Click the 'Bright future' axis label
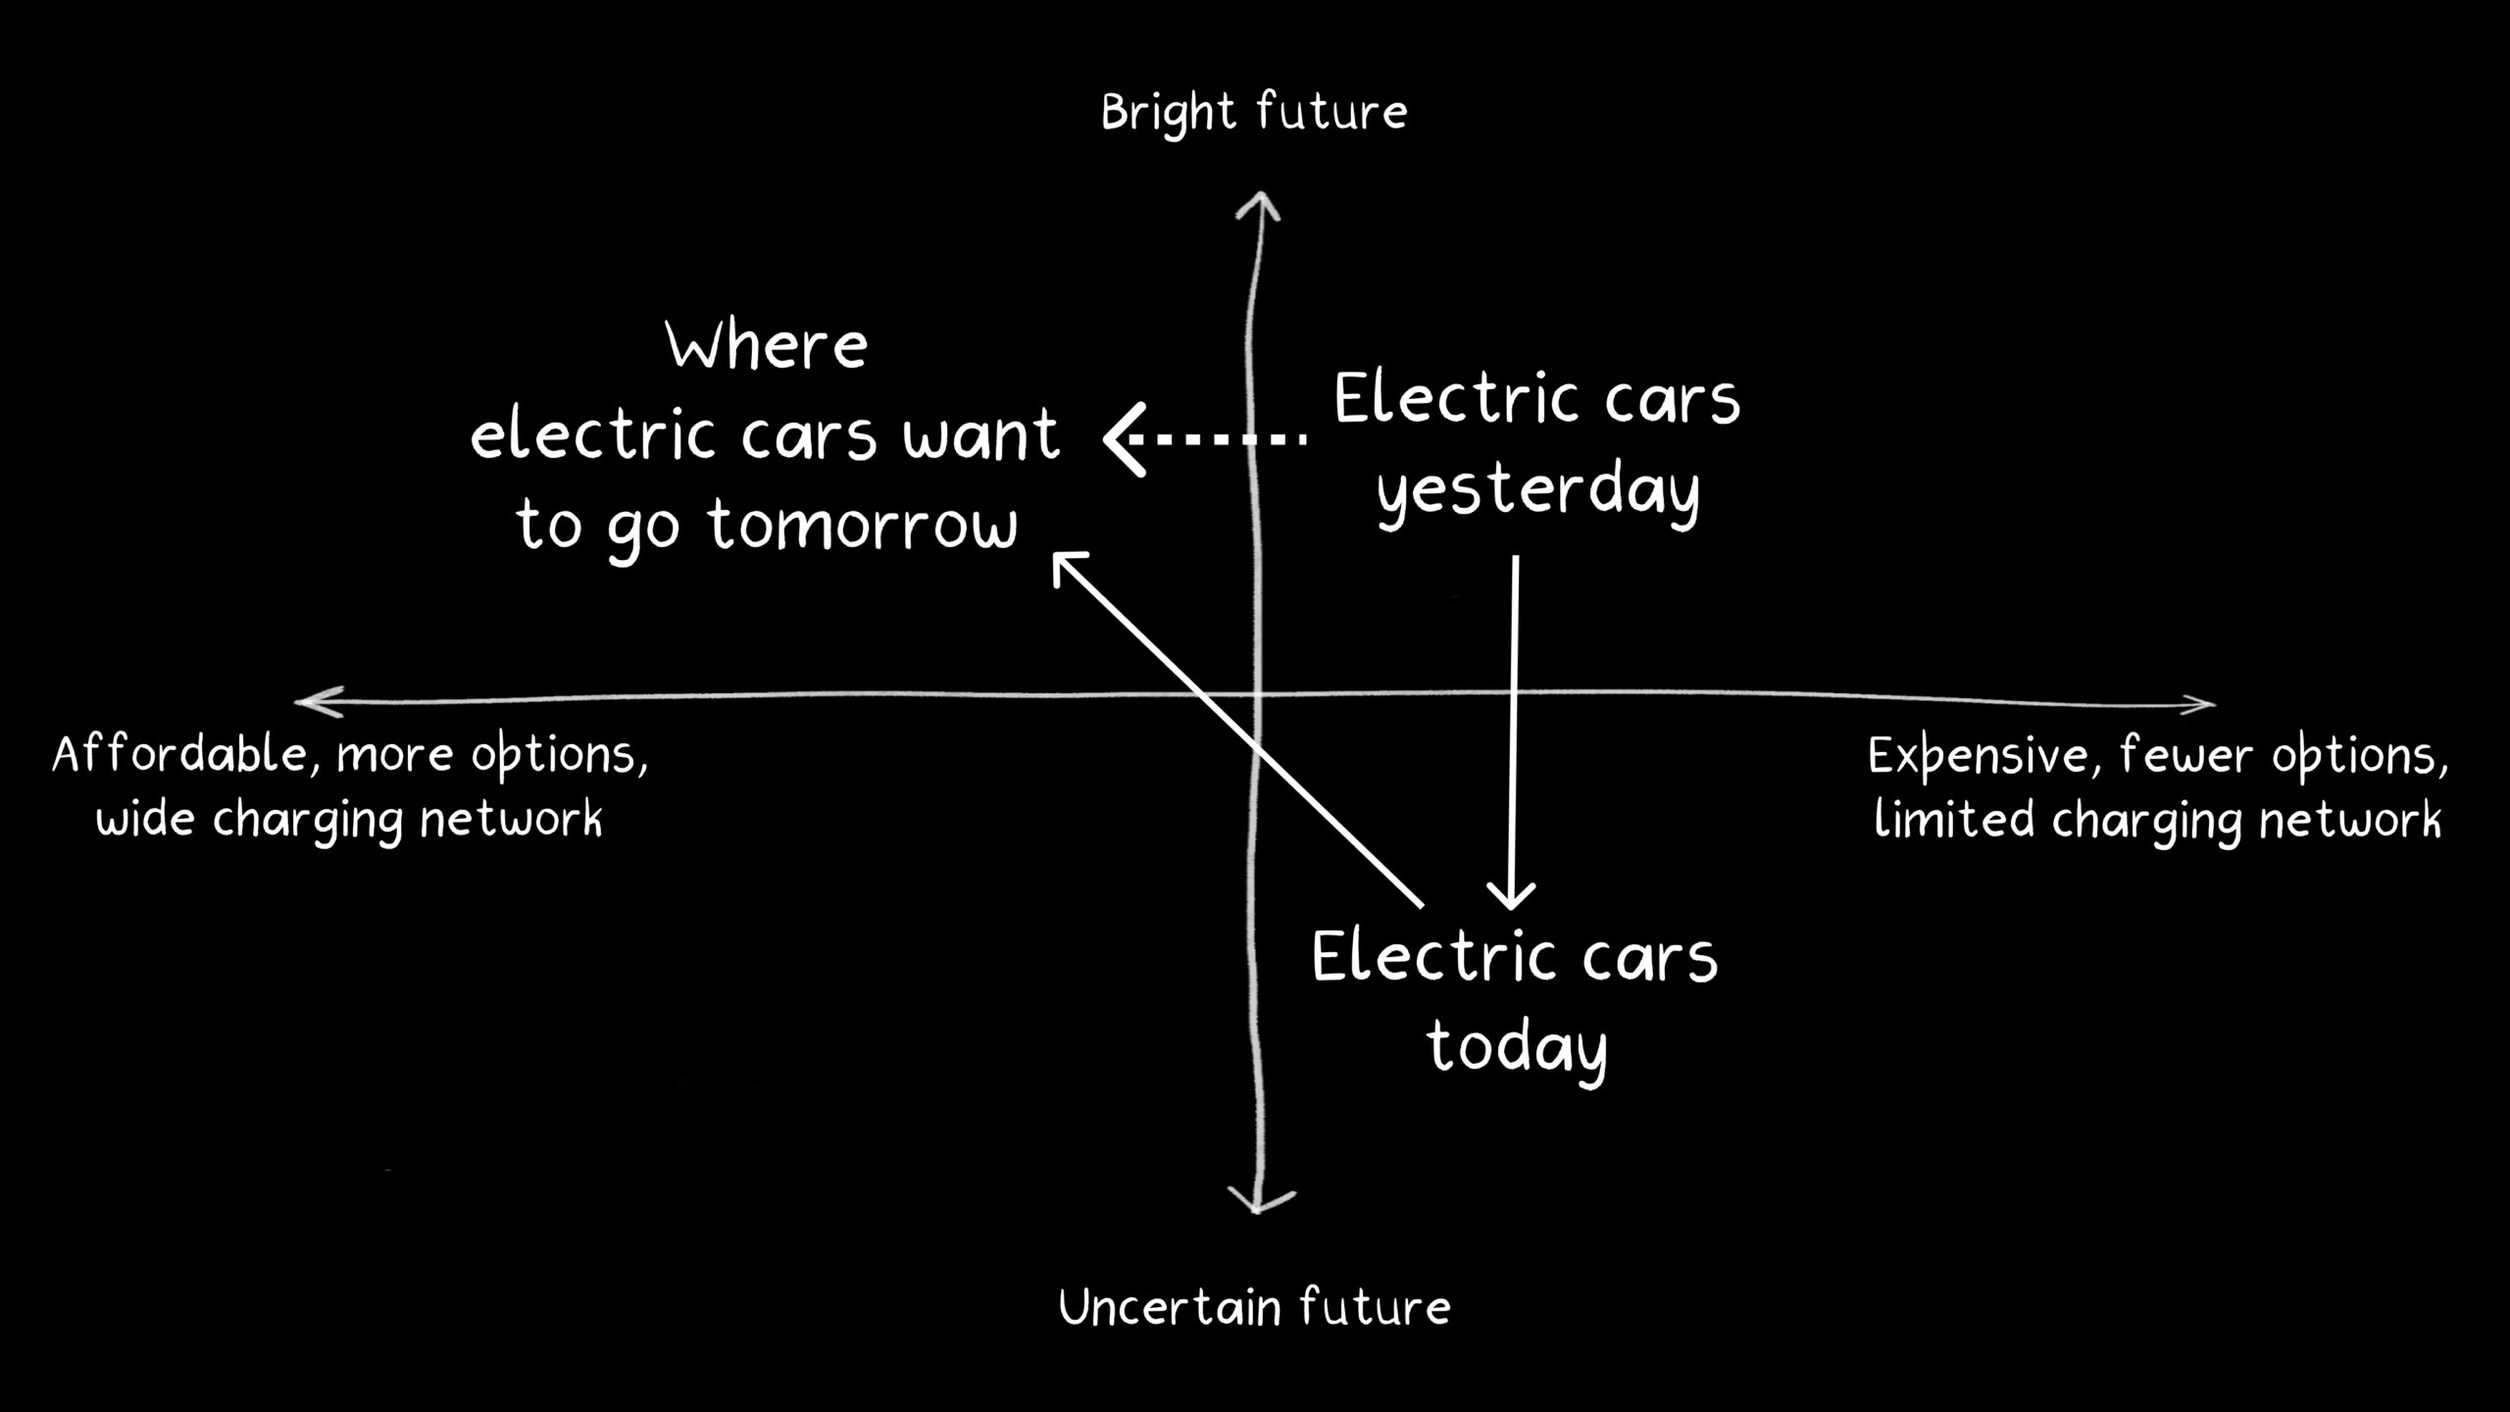[1254, 113]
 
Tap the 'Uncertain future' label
[1254, 1308]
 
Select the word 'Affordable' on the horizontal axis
[180, 755]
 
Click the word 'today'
[1516, 1047]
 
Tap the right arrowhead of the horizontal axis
[2202, 703]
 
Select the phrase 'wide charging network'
[349, 820]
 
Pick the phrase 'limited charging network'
[2157, 820]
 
